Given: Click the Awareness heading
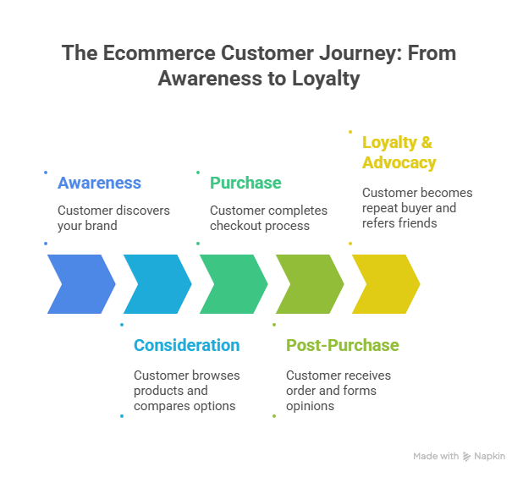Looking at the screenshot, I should click(x=99, y=184).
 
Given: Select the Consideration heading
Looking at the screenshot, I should click(x=186, y=346).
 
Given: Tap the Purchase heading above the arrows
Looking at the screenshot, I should click(x=245, y=184).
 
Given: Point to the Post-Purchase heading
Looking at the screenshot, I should click(x=342, y=346).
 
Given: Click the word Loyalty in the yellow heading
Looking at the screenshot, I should click(x=389, y=143).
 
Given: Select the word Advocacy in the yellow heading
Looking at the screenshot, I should click(x=399, y=162).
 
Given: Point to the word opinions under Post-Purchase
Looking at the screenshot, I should click(x=310, y=406).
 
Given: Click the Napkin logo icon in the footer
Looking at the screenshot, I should click(x=467, y=457).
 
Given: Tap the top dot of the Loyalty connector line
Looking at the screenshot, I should click(x=350, y=130).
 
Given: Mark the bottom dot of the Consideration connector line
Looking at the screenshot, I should click(x=122, y=415).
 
